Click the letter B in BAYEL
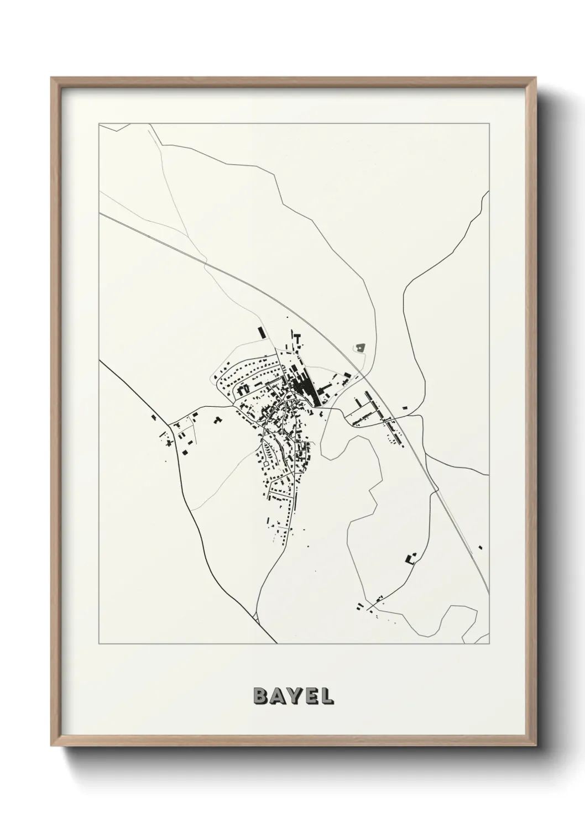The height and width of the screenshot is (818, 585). click(x=260, y=696)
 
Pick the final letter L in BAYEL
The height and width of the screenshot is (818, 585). click(x=326, y=696)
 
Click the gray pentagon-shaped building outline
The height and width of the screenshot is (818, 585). click(x=361, y=348)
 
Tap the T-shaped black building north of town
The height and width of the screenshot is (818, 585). click(x=297, y=337)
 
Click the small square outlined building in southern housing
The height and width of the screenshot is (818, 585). click(x=270, y=450)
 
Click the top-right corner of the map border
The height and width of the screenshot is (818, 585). click(x=489, y=124)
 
